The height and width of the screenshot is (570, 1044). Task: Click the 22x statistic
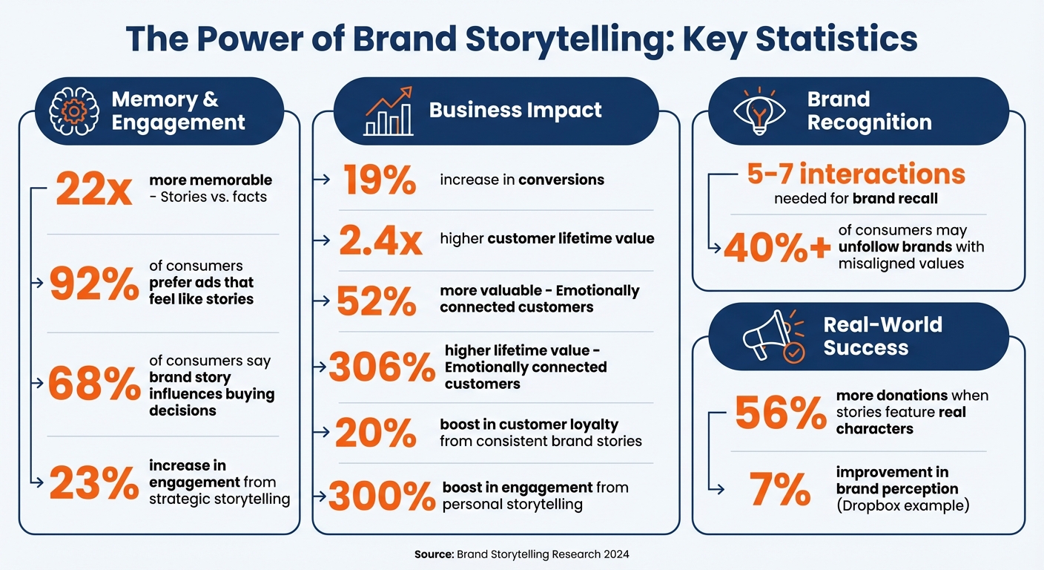[94, 190]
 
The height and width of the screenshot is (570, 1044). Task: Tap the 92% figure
[94, 284]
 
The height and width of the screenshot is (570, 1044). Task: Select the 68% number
[94, 384]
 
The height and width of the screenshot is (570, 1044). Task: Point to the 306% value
[382, 366]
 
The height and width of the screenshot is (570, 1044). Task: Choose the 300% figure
[382, 497]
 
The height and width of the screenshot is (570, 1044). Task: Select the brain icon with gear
[73, 111]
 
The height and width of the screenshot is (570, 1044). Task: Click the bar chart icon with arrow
[388, 111]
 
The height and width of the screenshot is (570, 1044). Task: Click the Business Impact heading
[515, 111]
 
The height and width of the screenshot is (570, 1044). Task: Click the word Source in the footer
[434, 554]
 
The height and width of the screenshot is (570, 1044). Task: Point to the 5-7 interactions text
[856, 174]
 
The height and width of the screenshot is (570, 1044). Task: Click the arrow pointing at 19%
[322, 179]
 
